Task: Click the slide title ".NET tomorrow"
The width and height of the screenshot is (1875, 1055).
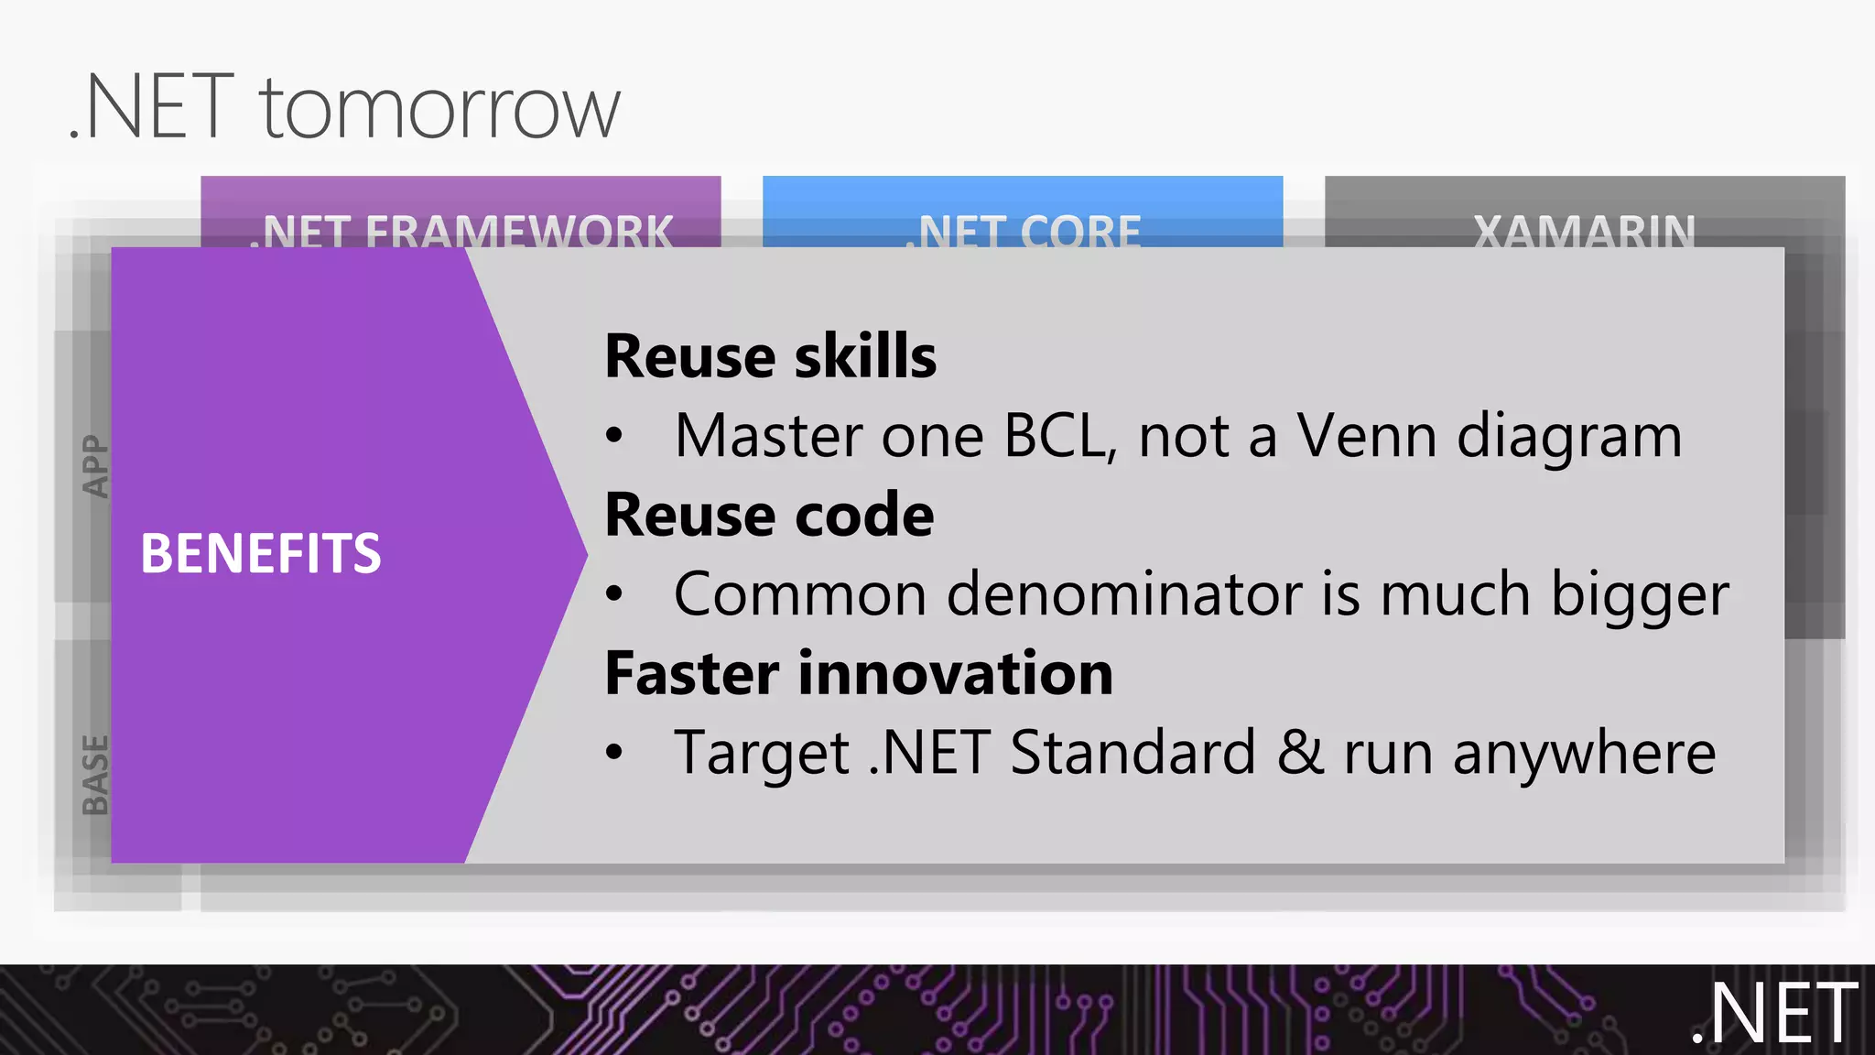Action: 345,108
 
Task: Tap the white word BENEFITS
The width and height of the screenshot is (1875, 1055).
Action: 261,554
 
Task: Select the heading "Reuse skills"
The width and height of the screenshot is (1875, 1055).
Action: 771,356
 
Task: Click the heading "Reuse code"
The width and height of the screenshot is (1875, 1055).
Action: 769,515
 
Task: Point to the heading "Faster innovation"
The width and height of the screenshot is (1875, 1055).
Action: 859,674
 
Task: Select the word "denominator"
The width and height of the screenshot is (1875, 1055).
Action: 1124,594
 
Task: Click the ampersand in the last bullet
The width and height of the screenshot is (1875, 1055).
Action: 1300,753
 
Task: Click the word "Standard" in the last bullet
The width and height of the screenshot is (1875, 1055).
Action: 1133,753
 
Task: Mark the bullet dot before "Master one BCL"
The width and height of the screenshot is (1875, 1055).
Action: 614,437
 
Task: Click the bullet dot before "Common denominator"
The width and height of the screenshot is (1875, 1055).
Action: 614,595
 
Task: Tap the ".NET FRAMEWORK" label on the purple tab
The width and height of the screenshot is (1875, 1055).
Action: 461,230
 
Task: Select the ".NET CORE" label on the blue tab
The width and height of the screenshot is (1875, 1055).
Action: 1023,230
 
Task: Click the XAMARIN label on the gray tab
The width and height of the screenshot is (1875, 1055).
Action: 1584,230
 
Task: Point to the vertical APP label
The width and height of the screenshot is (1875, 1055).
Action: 95,466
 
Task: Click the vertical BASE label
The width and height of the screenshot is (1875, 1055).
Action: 95,775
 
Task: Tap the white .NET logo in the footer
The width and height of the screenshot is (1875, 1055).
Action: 1774,1013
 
